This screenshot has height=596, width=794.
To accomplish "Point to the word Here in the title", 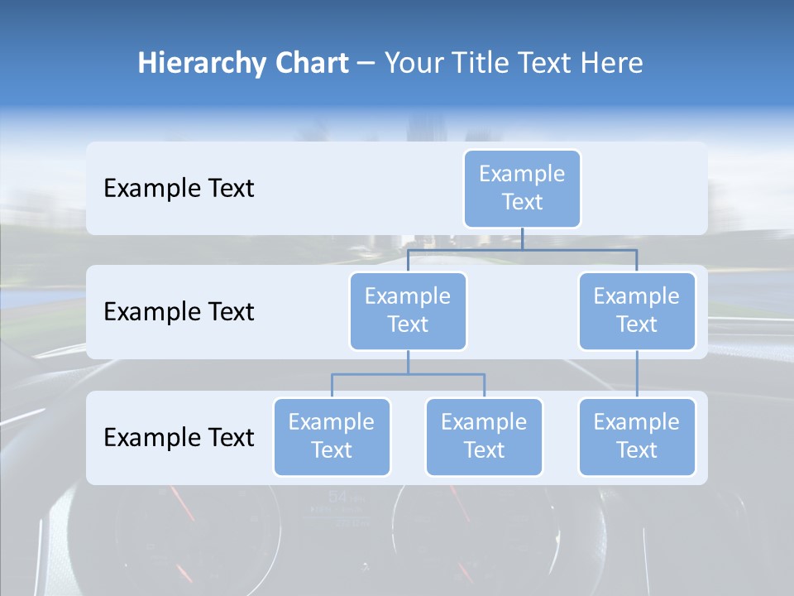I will pos(610,64).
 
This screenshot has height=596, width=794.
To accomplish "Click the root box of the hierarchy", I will pos(522,188).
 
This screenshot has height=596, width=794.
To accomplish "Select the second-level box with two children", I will pos(408,310).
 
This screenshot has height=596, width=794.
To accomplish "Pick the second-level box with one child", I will pos(637,310).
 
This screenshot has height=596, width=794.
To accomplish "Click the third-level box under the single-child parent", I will pos(637,436).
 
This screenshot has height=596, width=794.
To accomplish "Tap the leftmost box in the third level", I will pos(332,436).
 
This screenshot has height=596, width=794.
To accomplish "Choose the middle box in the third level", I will pos(484,436).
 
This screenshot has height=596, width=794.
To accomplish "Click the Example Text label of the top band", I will pos(179,188).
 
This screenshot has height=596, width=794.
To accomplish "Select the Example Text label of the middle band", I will pos(179,311).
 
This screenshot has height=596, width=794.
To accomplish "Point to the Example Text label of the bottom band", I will pos(179,437).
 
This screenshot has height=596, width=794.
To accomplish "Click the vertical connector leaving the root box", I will pos(522,238).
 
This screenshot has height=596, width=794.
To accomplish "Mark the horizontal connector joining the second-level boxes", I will pos(522,249).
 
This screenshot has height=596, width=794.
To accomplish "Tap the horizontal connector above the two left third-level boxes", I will pos(408,374).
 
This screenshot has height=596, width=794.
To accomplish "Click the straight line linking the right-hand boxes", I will pos(637,374).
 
